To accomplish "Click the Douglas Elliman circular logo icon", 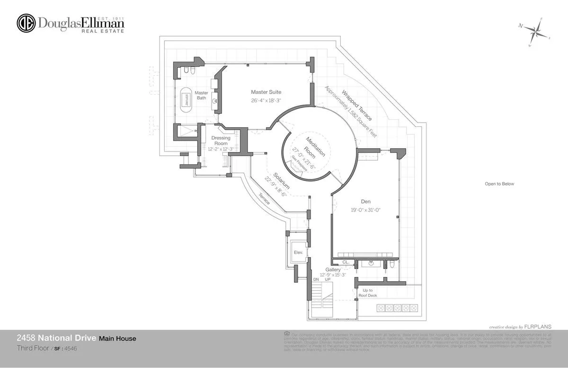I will pyautogui.click(x=26, y=23).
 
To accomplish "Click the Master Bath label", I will pyautogui.click(x=202, y=95).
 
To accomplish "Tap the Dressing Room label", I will pyautogui.click(x=221, y=141).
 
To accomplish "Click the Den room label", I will pyautogui.click(x=365, y=201).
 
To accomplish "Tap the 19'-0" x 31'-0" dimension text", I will pyautogui.click(x=365, y=209).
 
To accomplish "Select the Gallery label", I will pyautogui.click(x=333, y=269).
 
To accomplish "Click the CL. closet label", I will pyautogui.click(x=346, y=261).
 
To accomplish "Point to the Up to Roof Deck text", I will pyautogui.click(x=367, y=293).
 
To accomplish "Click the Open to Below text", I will pyautogui.click(x=499, y=184).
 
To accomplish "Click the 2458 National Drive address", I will pyautogui.click(x=56, y=338).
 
